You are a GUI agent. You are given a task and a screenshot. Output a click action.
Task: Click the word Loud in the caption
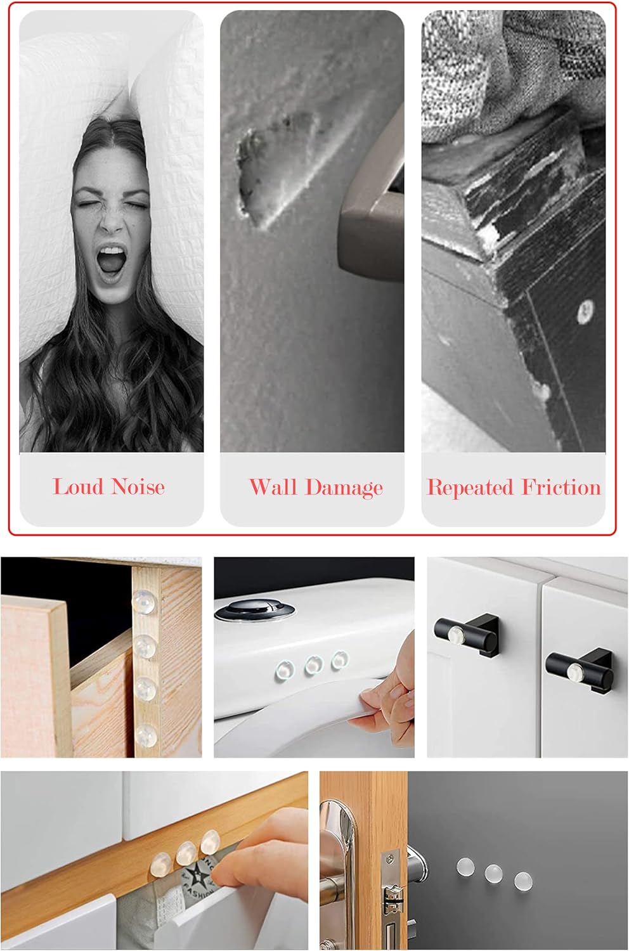(x=78, y=486)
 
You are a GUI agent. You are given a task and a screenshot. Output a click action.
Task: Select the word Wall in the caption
(x=273, y=486)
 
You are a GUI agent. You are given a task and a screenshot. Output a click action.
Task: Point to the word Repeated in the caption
(x=470, y=488)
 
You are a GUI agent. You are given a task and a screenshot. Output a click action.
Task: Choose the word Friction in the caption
(x=561, y=486)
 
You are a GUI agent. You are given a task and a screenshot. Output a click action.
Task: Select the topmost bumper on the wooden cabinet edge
(x=144, y=601)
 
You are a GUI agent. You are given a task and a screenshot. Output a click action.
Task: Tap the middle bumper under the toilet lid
(x=313, y=665)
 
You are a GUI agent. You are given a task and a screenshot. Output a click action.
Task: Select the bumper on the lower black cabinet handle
(x=574, y=670)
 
